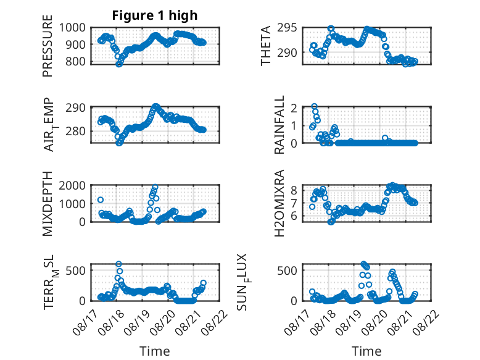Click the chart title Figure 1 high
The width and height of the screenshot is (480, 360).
pyautogui.click(x=155, y=15)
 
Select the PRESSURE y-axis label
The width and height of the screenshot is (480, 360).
pyautogui.click(x=48, y=46)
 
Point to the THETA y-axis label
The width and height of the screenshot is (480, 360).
pyautogui.click(x=266, y=46)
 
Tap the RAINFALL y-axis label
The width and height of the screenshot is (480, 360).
pyautogui.click(x=279, y=125)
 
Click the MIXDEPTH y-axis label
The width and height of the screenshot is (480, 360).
pyautogui.click(x=48, y=204)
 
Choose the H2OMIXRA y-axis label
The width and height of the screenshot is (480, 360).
pyautogui.click(x=279, y=203)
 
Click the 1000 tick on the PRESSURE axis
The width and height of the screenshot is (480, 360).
pyautogui.click(x=72, y=28)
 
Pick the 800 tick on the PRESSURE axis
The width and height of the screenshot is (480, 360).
pyautogui.click(x=76, y=61)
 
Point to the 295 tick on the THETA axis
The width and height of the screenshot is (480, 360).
pyautogui.click(x=287, y=28)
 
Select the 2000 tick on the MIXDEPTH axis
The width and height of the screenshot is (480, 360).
pyautogui.click(x=72, y=185)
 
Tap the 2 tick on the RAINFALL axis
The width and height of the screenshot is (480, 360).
pyautogui.click(x=294, y=108)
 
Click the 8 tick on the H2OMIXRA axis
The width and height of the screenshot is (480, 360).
pyautogui.click(x=294, y=190)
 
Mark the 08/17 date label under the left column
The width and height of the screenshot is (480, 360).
pyautogui.click(x=85, y=322)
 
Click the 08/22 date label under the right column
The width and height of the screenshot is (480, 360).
pyautogui.click(x=428, y=322)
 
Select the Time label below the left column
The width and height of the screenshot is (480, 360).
pyautogui.click(x=155, y=351)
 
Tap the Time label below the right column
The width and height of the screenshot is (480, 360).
pyautogui.click(x=366, y=351)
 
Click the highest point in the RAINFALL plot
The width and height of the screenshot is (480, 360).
pyautogui.click(x=315, y=106)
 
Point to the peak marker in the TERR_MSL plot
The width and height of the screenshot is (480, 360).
pyautogui.click(x=119, y=264)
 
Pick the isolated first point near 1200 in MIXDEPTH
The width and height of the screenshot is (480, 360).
pyautogui.click(x=101, y=200)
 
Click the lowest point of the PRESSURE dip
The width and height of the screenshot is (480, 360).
pyautogui.click(x=119, y=64)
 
